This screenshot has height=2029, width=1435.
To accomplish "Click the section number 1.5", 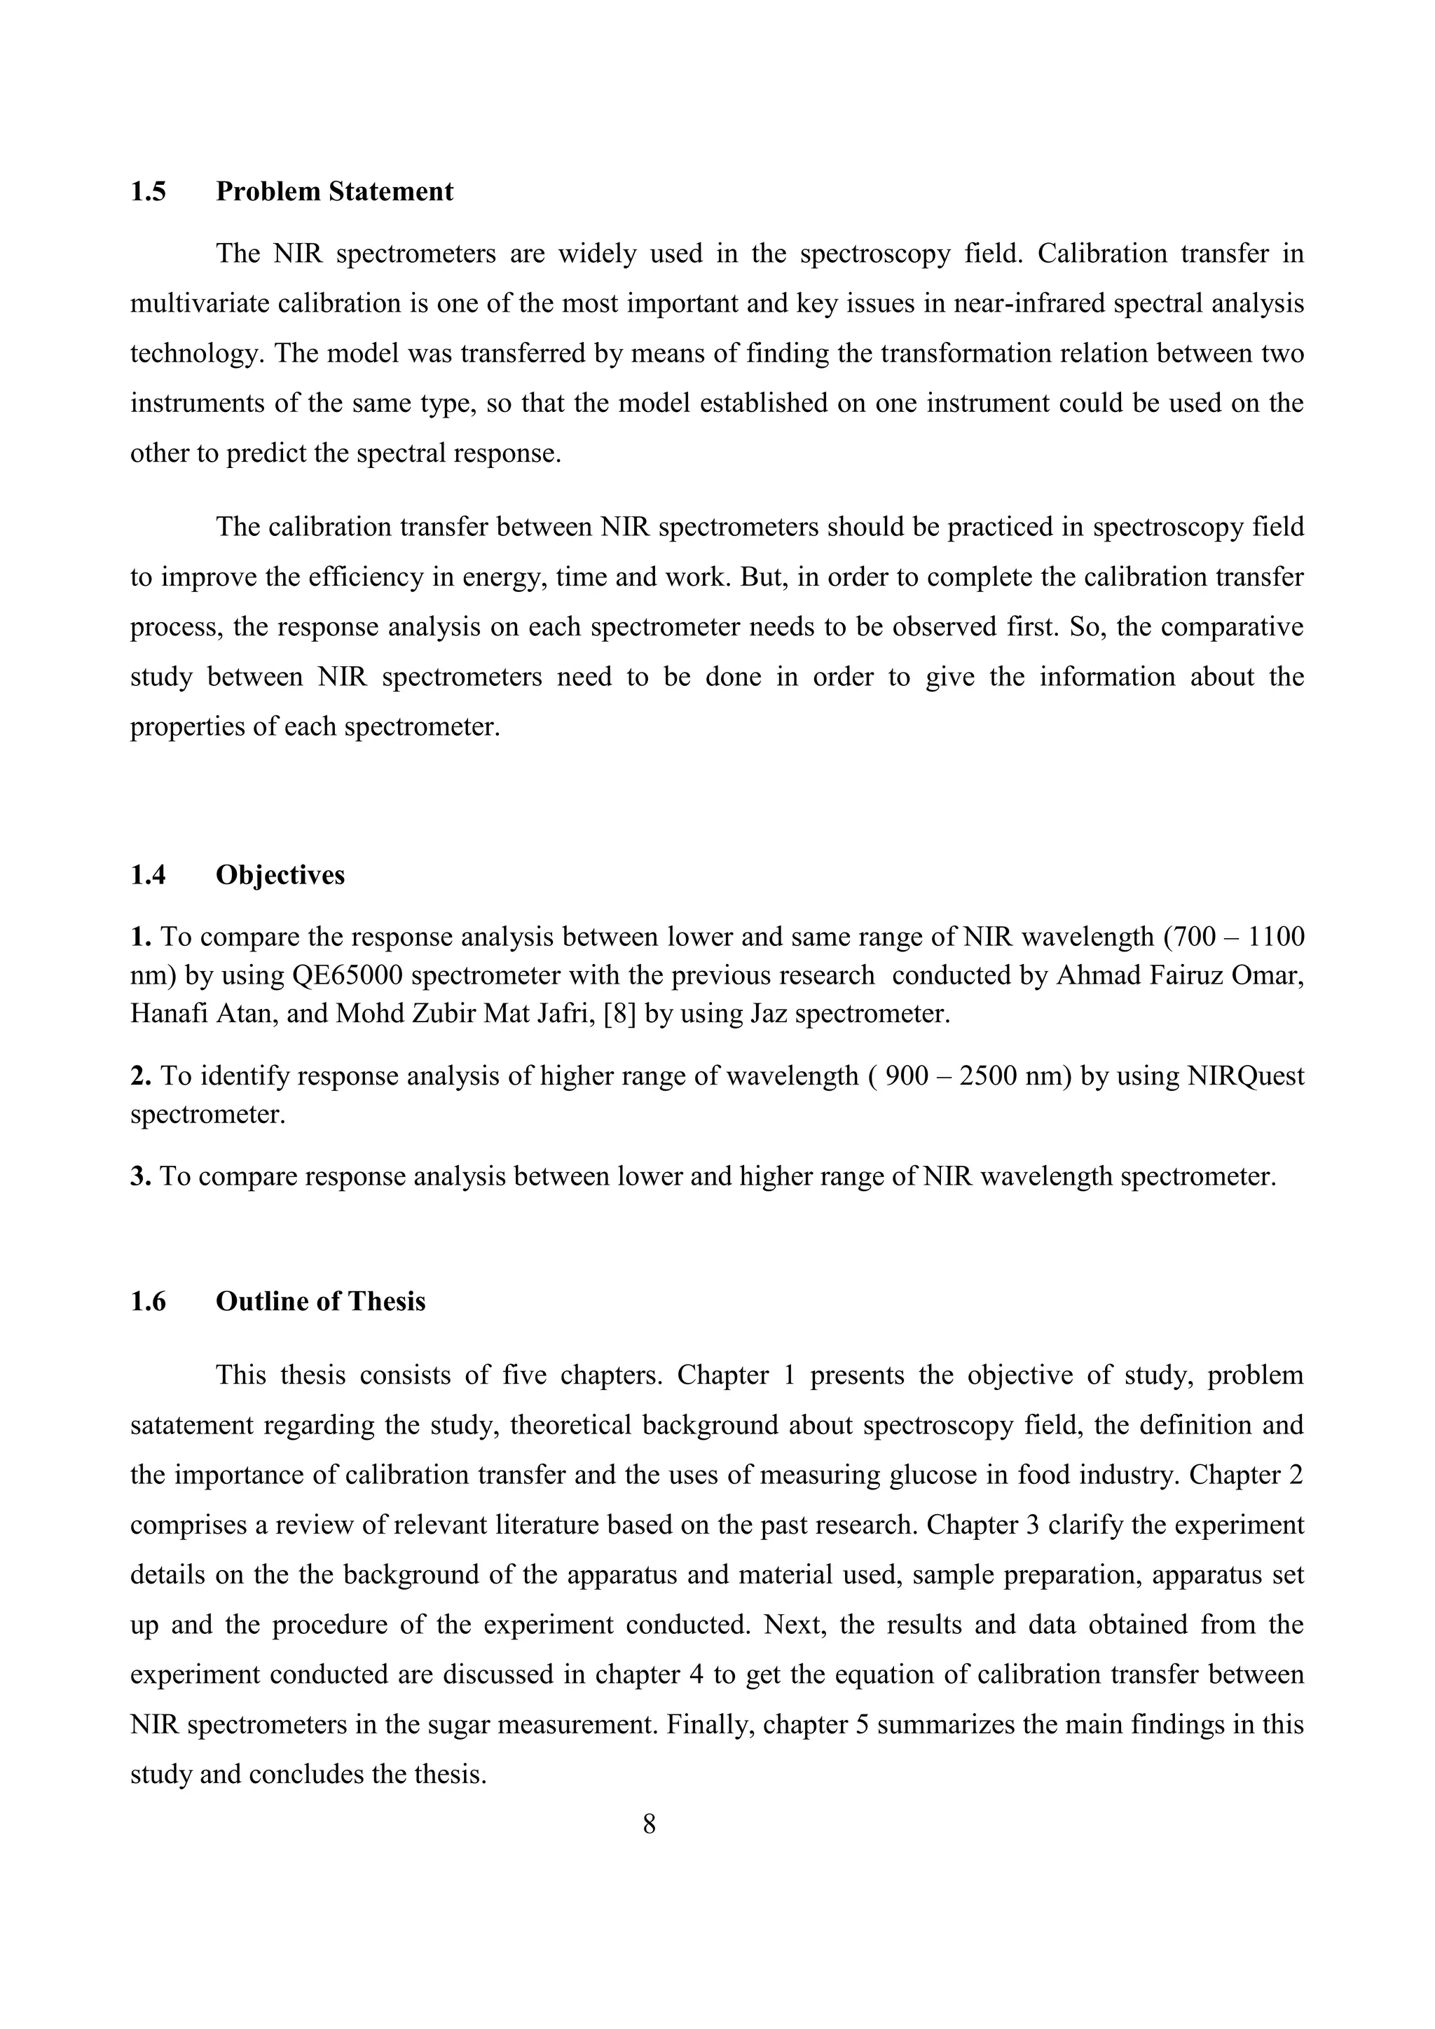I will [x=148, y=192].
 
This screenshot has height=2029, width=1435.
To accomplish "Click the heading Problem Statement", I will [x=334, y=192].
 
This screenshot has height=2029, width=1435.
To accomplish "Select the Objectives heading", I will [x=280, y=875].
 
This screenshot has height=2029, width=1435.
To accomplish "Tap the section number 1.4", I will [x=148, y=875].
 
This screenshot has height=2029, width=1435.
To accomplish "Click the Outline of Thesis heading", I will [x=320, y=1302].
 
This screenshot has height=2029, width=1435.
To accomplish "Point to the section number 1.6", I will [x=148, y=1302].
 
